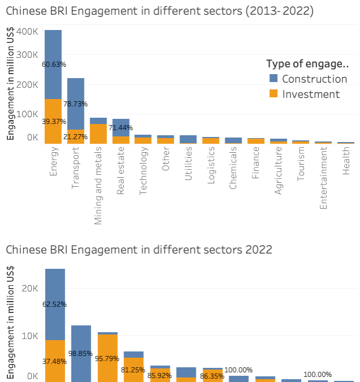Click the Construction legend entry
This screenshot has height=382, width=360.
tap(314, 79)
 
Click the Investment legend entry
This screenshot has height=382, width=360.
tap(311, 94)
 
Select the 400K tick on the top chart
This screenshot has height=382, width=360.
tap(27, 32)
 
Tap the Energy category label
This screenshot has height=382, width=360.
tap(54, 161)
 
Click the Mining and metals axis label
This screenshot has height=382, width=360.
tap(98, 186)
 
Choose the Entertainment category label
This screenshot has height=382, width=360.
tap(323, 178)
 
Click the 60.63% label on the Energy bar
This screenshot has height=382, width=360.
tap(53, 65)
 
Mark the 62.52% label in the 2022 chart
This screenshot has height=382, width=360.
tap(55, 304)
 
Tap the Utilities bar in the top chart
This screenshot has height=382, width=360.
tap(188, 139)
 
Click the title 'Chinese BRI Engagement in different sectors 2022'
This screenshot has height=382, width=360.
tap(139, 249)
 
